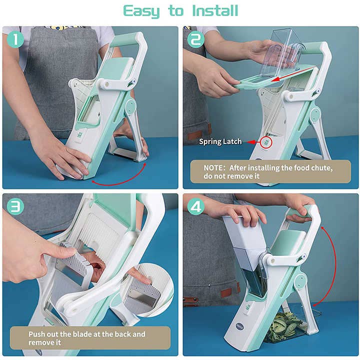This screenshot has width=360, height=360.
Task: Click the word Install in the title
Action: tap(209, 10)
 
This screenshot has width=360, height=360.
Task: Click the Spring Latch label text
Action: tap(220, 141)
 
